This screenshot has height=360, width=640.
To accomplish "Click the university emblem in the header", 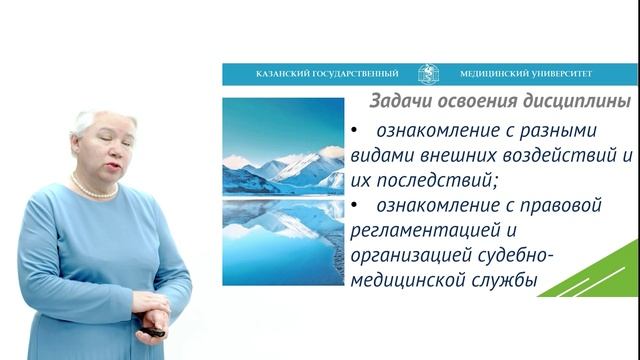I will coord(428,73).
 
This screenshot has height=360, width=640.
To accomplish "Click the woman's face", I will coord(100,151).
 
